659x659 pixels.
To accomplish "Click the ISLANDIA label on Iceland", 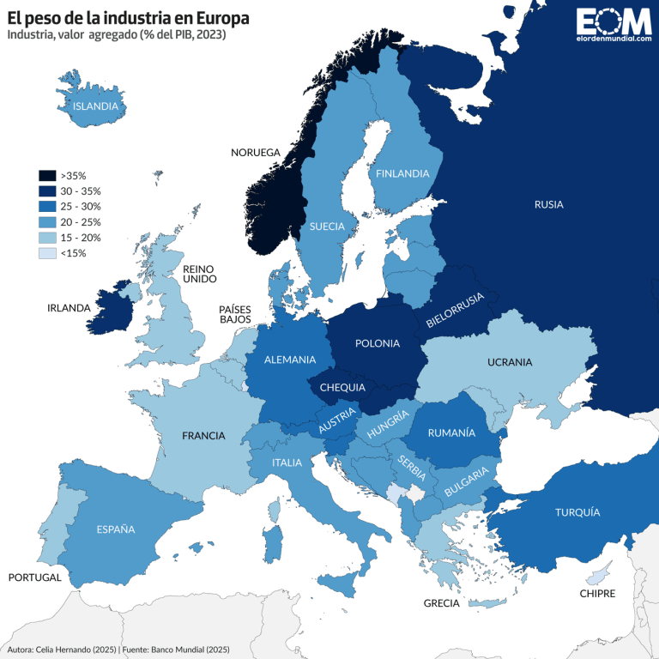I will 95,106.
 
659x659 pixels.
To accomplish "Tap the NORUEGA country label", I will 256,153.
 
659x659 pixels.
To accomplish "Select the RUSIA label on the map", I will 548,204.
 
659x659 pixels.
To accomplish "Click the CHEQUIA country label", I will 342,387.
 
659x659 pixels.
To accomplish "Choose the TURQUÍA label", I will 577,512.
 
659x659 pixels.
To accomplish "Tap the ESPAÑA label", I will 116,529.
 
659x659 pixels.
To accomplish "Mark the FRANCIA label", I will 203,436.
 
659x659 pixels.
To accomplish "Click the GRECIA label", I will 441,603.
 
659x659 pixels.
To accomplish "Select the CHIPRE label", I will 596,593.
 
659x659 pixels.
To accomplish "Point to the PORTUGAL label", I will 35,577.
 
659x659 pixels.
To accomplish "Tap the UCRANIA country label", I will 510,362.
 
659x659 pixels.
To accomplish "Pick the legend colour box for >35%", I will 47,174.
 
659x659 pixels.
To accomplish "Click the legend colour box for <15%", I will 47,252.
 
